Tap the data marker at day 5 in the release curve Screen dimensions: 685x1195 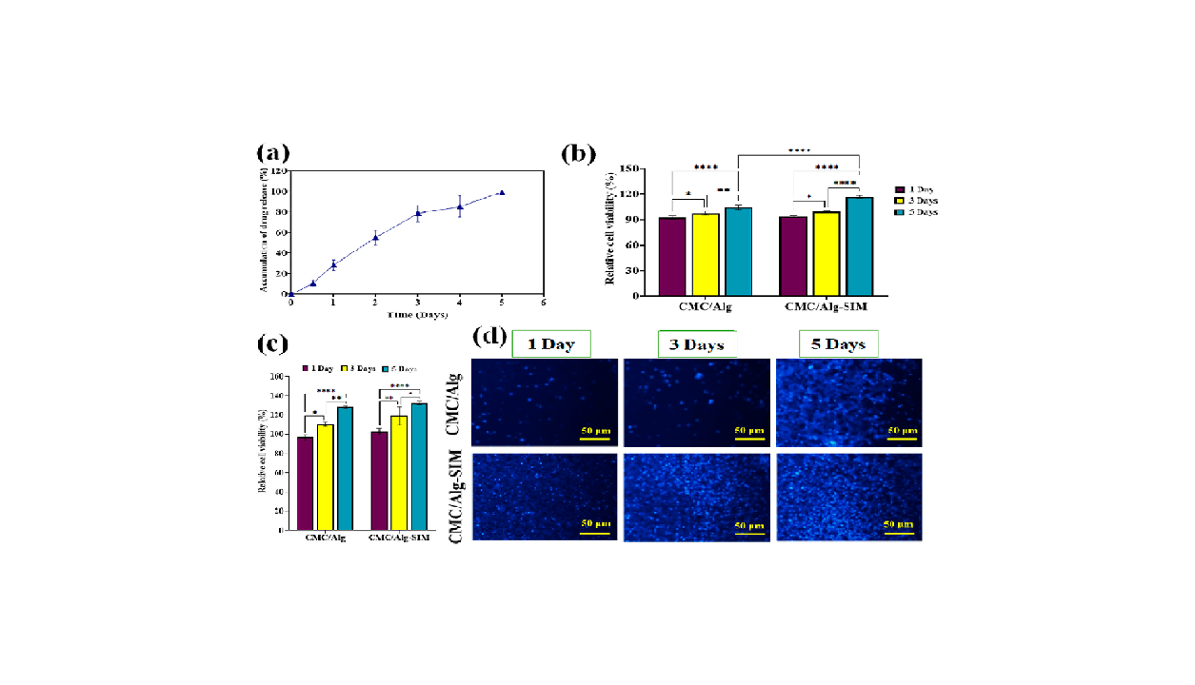click(502, 192)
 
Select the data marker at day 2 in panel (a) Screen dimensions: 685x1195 click(375, 238)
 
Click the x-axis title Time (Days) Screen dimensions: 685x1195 click(417, 313)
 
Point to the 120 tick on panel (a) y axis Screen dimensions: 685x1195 click(279, 170)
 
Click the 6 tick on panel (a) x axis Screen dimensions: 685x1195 click(543, 302)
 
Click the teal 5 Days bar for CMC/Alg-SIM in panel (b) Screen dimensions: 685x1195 click(860, 246)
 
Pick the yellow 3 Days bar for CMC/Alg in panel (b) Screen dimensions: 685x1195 click(706, 255)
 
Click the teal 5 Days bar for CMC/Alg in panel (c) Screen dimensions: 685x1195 click(345, 468)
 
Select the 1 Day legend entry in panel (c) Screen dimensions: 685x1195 click(316, 367)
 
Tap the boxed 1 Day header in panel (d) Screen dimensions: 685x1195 click(550, 343)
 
